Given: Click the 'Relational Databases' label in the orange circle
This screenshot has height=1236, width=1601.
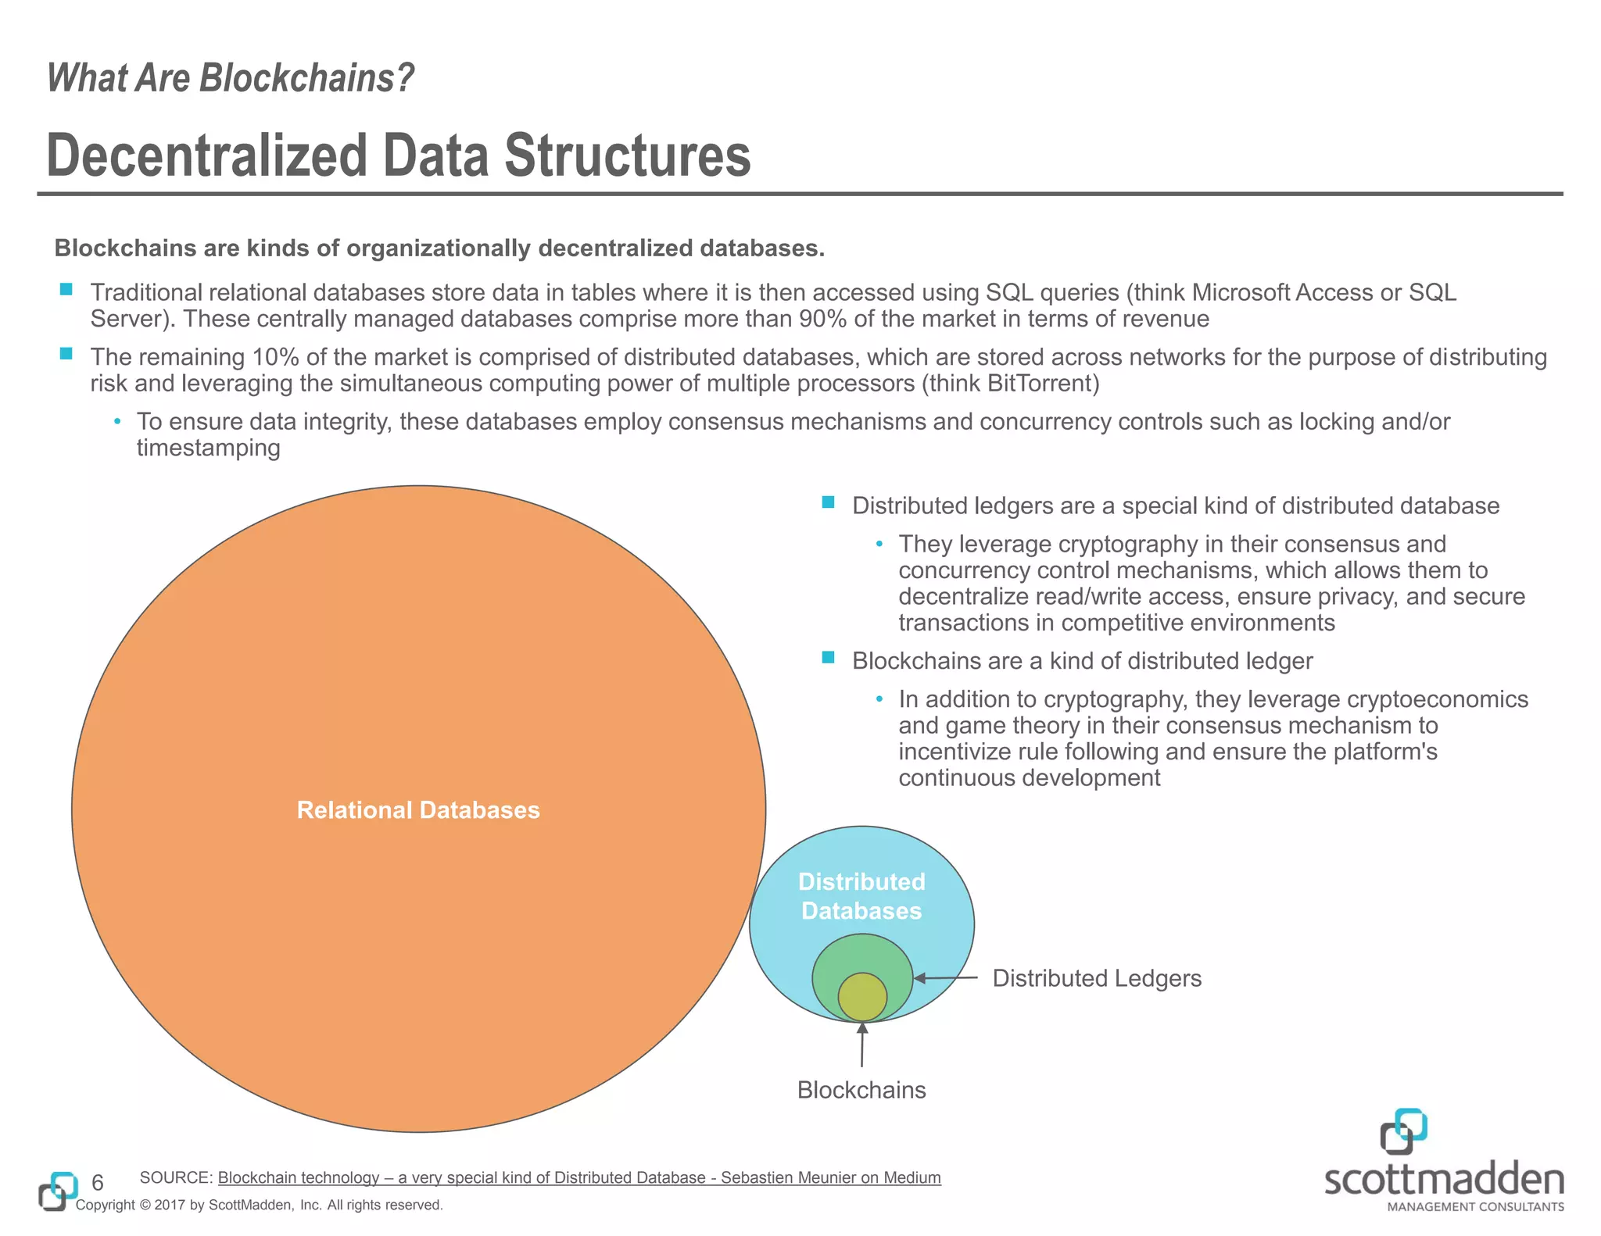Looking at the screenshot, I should coord(418,810).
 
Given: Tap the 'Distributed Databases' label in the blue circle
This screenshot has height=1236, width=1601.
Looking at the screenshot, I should coord(861,896).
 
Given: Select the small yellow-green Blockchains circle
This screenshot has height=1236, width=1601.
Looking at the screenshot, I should coord(862,997).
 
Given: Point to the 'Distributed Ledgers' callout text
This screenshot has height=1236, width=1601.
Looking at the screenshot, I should coord(1097,978).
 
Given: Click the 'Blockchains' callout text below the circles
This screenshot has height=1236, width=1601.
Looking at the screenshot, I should coord(861,1090).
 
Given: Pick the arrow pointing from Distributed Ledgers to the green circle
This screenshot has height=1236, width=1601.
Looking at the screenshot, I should coord(945,978).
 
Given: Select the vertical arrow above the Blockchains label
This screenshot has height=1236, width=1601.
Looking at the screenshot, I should coord(862,1045).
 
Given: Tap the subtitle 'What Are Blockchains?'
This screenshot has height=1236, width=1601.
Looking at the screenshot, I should coord(231,78).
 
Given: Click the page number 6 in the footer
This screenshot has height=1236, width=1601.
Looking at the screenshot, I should coord(98,1183).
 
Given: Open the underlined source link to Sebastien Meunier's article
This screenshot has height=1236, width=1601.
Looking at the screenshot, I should coord(579,1177).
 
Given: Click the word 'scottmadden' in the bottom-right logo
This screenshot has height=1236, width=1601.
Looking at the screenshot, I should coord(1444,1180).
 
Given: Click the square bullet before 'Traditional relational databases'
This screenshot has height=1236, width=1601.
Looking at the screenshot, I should coord(66,290).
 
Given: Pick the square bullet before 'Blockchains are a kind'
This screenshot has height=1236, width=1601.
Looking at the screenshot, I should coord(829,658).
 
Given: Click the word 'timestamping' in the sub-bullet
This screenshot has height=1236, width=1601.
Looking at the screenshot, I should coord(208,448).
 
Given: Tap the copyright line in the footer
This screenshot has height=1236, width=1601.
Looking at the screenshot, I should coord(260,1205).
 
